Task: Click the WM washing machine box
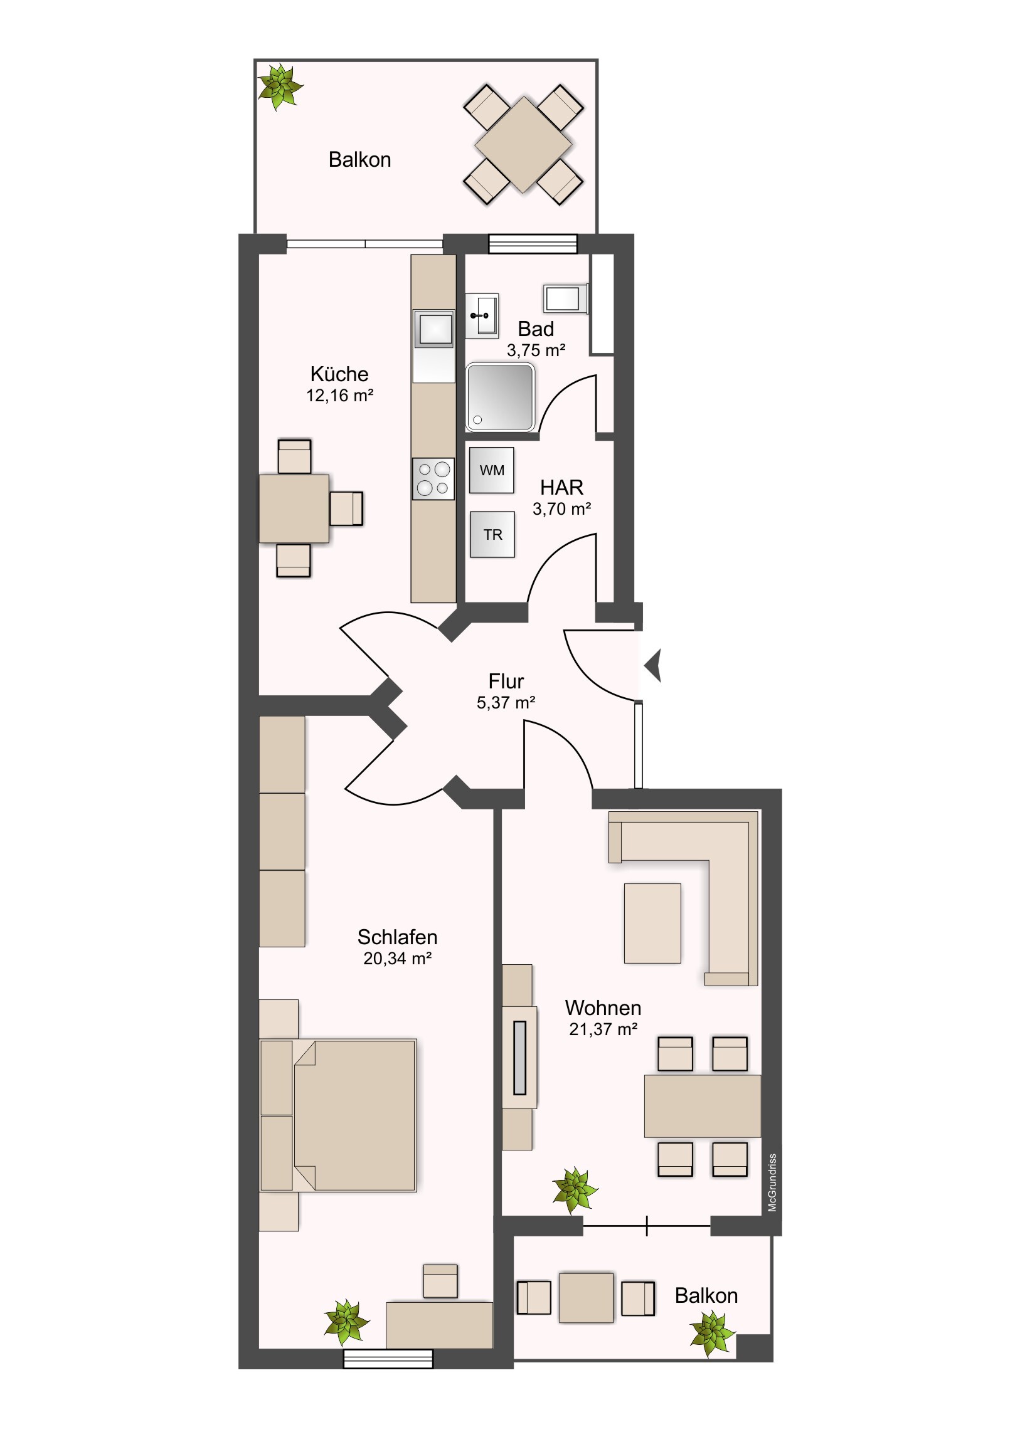coord(491,470)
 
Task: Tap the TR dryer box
coord(492,534)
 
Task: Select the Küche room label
coord(339,374)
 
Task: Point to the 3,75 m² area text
coord(536,350)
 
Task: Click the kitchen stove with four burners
coord(433,478)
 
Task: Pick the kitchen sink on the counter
coord(433,329)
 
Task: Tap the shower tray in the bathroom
coord(500,397)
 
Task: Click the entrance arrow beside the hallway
coord(653,666)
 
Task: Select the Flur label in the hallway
coord(506,682)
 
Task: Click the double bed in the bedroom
coord(338,1115)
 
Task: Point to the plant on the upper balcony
coord(280,86)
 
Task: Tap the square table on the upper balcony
coord(524,144)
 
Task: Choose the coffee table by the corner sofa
coord(652,924)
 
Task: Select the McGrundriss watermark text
coord(772,1182)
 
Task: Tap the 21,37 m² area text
coord(603,1029)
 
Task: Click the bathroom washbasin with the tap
coord(481,315)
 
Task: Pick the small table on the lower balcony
coord(586,1298)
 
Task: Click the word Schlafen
coord(397,937)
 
